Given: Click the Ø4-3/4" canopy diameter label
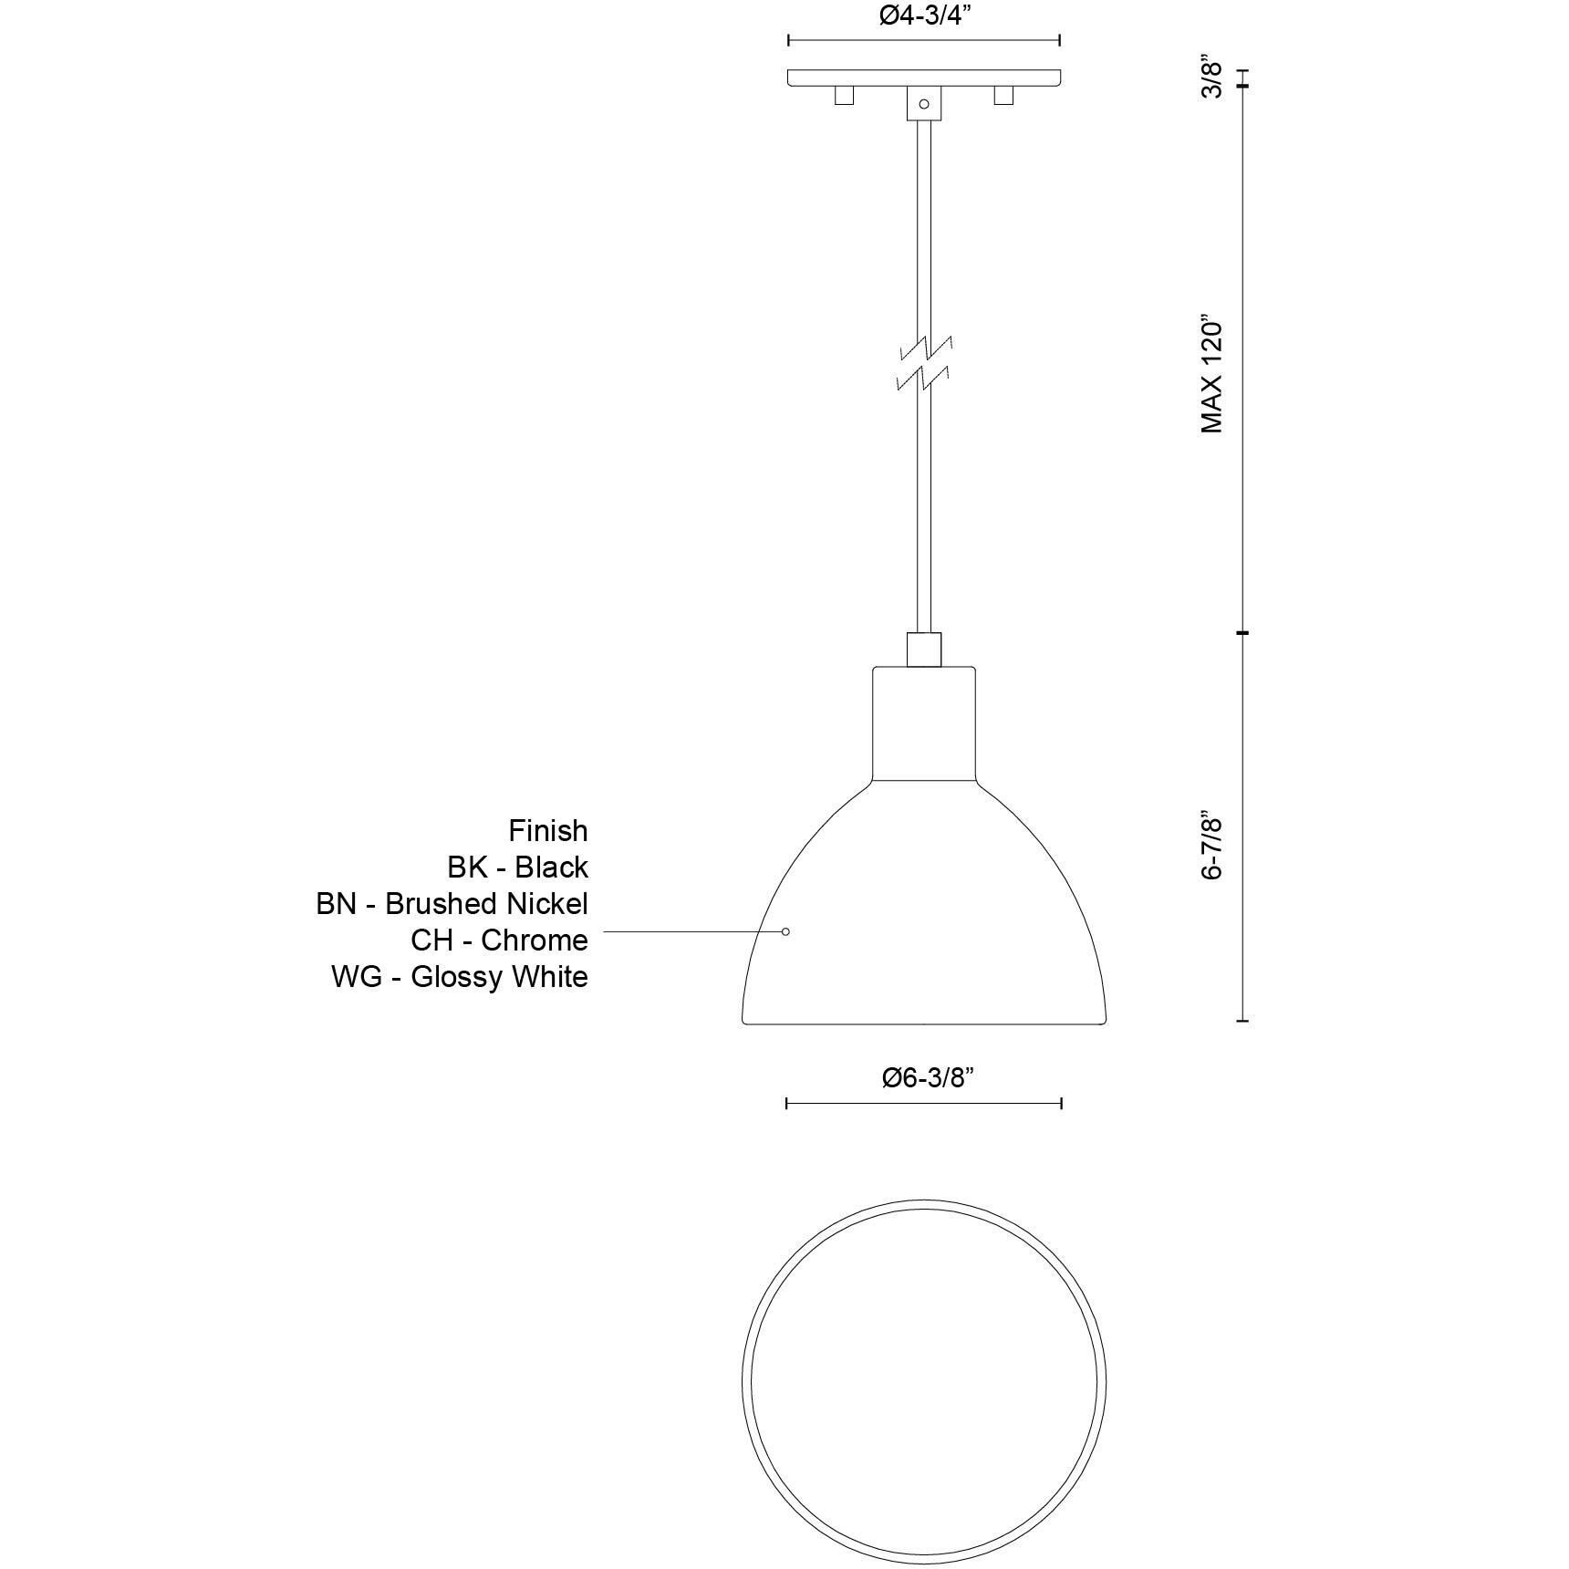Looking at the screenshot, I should (923, 16).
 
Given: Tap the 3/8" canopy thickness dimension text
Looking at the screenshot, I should (1211, 78).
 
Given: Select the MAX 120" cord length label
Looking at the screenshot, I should (1211, 376).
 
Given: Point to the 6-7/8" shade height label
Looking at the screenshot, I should (1211, 846).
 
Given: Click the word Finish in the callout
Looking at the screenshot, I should (547, 831).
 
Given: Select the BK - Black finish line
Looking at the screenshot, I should (517, 867).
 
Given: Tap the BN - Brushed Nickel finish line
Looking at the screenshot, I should (452, 903).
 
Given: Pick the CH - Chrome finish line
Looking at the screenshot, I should (499, 940).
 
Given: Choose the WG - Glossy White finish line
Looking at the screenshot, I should (459, 976).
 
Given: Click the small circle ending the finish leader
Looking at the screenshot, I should (785, 931).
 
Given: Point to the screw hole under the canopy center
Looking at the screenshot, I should (923, 104).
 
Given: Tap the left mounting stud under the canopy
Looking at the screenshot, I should (844, 95).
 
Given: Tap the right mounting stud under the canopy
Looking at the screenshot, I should (1003, 95).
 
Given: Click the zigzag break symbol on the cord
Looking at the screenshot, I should (924, 363).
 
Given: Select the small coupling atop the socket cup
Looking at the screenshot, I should (924, 649).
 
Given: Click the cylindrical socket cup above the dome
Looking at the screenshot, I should (924, 722).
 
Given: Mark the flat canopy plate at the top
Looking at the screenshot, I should (924, 78).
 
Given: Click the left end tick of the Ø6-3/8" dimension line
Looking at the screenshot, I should (786, 1104).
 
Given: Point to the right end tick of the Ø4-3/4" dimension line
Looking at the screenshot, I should (1059, 40).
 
